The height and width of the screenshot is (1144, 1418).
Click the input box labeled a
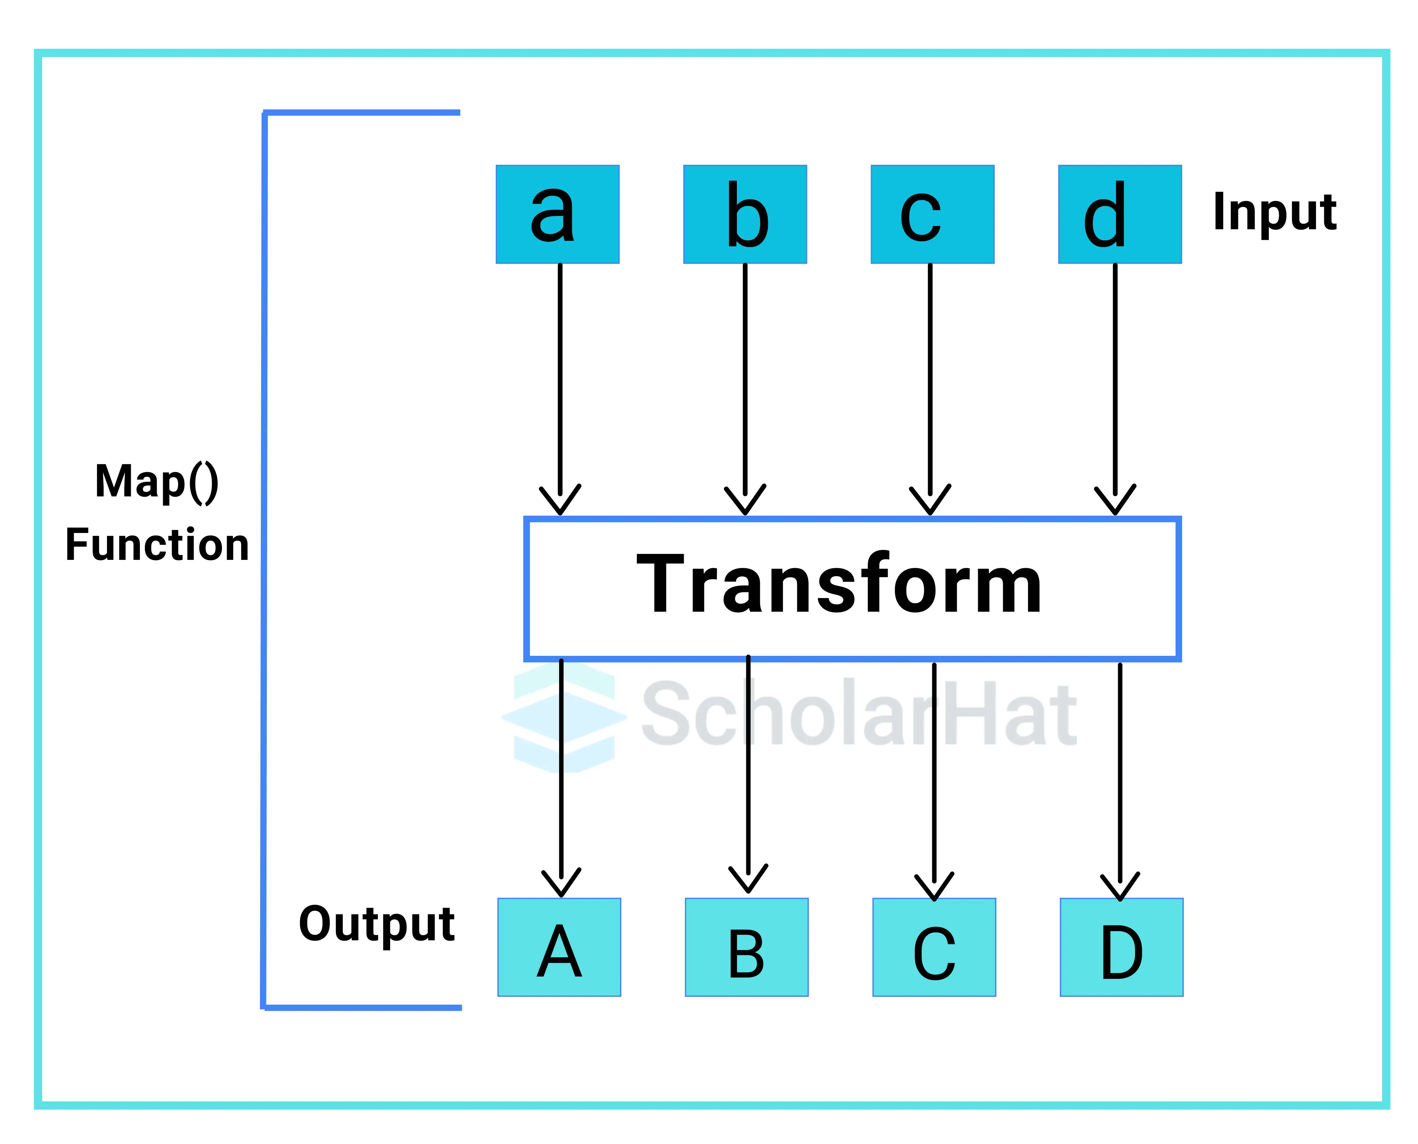point(557,214)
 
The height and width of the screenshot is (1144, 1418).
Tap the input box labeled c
point(932,214)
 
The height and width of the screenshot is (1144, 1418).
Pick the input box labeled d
point(1120,214)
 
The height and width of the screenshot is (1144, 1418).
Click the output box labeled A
point(559,947)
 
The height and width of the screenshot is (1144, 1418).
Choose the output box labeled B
point(747,947)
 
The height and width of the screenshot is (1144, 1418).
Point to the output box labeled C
point(934,947)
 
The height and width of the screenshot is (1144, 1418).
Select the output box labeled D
point(1122,947)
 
